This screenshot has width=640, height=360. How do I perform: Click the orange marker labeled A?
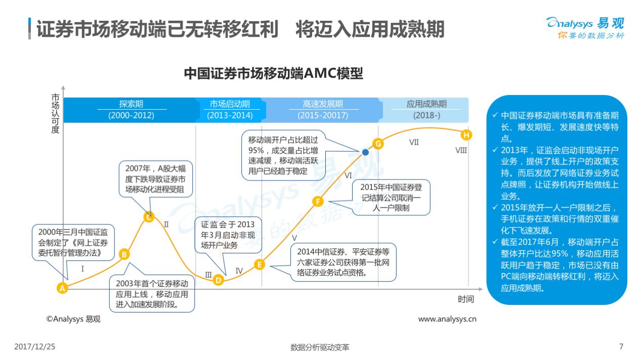click(x=62, y=288)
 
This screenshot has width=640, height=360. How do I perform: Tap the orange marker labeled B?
click(x=124, y=254)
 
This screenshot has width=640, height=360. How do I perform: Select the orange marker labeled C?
click(x=149, y=217)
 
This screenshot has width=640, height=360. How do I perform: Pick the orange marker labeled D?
click(x=218, y=280)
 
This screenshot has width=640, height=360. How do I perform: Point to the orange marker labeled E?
click(x=259, y=264)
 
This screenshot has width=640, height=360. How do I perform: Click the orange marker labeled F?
click(x=318, y=202)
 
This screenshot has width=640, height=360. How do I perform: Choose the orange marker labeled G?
click(x=377, y=144)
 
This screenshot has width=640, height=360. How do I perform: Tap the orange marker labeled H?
click(x=466, y=134)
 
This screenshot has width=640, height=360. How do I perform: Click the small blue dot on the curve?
click(x=365, y=152)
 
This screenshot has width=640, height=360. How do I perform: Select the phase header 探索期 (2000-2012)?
click(x=131, y=110)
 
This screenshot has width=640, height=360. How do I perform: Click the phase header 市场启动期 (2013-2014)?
click(x=230, y=110)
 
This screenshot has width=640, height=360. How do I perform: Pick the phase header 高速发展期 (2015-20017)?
click(x=323, y=110)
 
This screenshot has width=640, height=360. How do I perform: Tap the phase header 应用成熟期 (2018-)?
click(x=426, y=110)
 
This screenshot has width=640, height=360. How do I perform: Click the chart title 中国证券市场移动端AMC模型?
click(x=273, y=74)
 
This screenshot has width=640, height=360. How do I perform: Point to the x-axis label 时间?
click(x=465, y=299)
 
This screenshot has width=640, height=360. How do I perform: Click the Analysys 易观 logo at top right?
click(x=585, y=28)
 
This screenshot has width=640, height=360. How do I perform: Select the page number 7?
click(x=621, y=346)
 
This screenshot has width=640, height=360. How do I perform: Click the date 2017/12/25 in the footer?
click(x=34, y=347)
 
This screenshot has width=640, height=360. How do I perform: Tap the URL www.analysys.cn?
click(x=447, y=319)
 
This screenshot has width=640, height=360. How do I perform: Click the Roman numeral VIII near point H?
click(x=461, y=150)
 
